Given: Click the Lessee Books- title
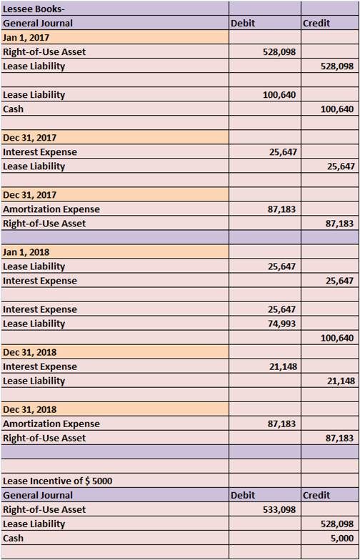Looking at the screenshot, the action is pos(34,9).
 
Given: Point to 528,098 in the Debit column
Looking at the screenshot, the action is pos(279,51).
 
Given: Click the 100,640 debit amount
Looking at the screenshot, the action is pos(279,94).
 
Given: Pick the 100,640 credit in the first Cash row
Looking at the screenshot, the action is pos(337,109).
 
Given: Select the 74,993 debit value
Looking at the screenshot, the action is pos(281,324).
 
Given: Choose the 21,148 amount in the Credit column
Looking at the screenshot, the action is pos(340,381).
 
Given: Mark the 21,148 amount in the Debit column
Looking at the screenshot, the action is pos(281,366).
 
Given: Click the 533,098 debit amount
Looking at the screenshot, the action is pos(279,510).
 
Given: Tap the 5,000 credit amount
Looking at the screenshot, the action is pos(343,539).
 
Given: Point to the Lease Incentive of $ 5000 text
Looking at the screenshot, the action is pos(57,481).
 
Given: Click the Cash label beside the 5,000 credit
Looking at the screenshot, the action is pos(13,539).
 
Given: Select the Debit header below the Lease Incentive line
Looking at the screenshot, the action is pos(243,496).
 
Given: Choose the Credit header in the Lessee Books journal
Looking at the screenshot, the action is pos(316,23).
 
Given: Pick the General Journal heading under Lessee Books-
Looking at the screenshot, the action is pos(37,23).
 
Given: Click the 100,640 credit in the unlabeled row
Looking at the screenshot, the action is pos(337,338).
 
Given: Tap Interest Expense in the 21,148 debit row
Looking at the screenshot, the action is pos(40,366).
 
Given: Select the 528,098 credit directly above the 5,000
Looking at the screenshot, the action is pos(337,524).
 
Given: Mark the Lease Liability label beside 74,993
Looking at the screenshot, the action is pos(34,324).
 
